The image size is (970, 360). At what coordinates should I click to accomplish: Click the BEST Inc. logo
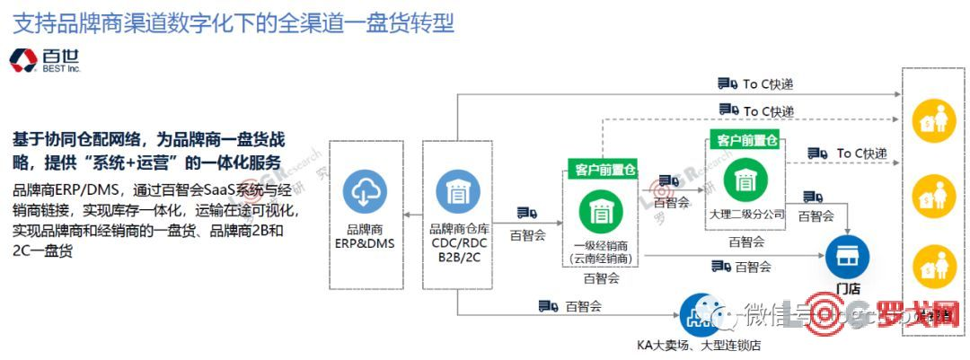[x=44, y=60]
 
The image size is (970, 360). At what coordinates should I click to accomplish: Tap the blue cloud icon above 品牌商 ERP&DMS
[x=365, y=192]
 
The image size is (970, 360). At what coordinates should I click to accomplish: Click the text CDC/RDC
[x=457, y=242]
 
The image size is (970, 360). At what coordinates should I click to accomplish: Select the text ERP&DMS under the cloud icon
[x=364, y=242]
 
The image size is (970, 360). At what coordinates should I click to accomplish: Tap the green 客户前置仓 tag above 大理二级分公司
[x=745, y=139]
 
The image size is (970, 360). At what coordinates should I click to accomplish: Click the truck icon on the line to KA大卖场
[x=548, y=306]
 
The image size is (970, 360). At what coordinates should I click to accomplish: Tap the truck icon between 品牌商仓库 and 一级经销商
[x=526, y=213]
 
